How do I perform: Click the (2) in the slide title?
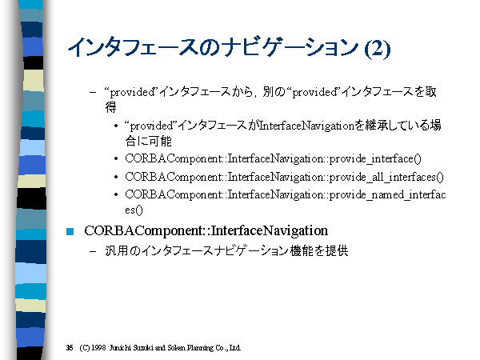click(377, 48)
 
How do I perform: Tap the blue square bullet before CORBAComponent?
click(70, 231)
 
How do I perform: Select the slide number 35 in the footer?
click(70, 347)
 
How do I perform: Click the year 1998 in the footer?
click(98, 347)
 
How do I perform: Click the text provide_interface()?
click(376, 158)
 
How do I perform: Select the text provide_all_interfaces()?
click(386, 177)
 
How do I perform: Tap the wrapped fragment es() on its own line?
click(134, 210)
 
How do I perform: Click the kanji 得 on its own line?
click(110, 107)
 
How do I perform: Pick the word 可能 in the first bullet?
click(160, 141)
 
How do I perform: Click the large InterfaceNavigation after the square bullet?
click(270, 230)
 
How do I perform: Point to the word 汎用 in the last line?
click(116, 250)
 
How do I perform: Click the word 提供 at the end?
click(337, 250)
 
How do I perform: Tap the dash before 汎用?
click(93, 251)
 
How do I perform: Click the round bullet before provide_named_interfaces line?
click(116, 194)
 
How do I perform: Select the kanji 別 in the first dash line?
click(269, 91)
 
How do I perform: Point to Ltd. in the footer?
click(234, 348)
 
